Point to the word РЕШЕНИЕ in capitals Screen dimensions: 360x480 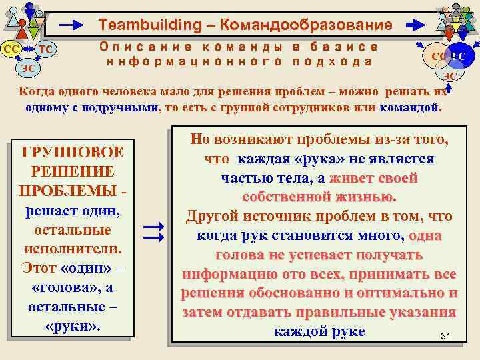[x=73, y=171]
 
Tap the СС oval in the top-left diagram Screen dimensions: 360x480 [x=11, y=49]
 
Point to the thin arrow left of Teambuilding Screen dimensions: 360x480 [x=71, y=25]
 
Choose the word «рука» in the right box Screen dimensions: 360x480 [x=318, y=159]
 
